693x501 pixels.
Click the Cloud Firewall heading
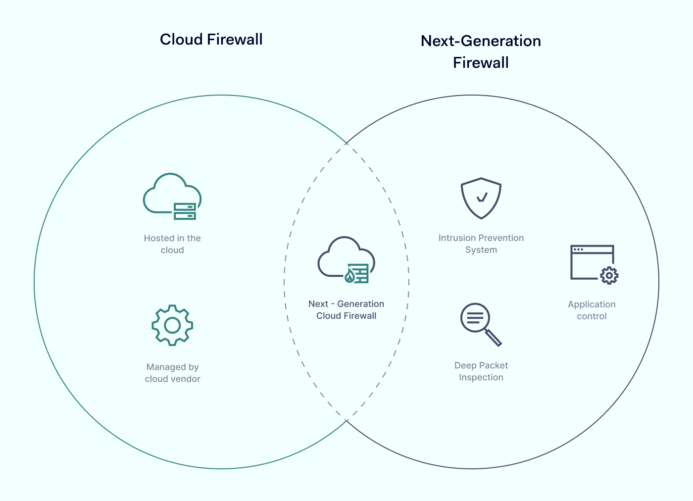(x=211, y=40)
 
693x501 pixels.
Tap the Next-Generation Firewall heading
(x=481, y=51)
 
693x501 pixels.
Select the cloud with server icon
(x=172, y=196)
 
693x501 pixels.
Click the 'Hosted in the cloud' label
(x=172, y=244)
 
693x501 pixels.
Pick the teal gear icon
(x=172, y=325)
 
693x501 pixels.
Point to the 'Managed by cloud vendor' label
(x=172, y=373)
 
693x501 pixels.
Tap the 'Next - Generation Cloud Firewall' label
(x=346, y=310)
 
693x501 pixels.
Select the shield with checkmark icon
(x=481, y=198)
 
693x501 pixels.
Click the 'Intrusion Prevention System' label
(x=481, y=244)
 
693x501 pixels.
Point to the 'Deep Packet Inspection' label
(x=481, y=371)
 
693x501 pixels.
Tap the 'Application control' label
(x=592, y=310)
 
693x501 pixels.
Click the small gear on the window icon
(x=609, y=275)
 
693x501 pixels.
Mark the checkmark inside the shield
(x=482, y=198)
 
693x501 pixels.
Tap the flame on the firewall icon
(x=350, y=276)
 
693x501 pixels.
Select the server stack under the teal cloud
(x=185, y=211)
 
